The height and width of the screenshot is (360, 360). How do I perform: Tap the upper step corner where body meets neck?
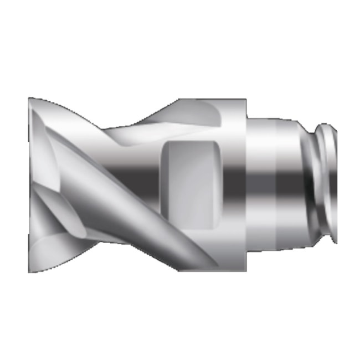click(246, 118)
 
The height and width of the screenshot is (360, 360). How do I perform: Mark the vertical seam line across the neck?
click(276, 183)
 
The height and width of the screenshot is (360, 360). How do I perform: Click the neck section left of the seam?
click(261, 183)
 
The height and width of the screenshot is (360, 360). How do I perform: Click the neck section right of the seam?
click(291, 183)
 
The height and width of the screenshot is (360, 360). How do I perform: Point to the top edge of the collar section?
click(222, 100)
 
